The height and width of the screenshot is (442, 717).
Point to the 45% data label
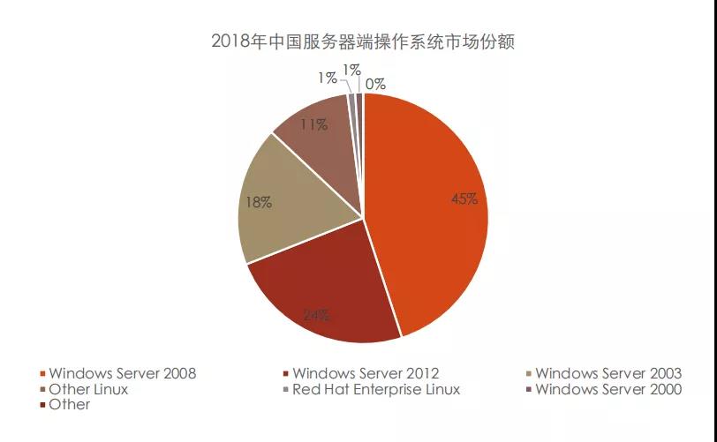click(464, 199)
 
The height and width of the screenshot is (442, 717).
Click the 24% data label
click(316, 314)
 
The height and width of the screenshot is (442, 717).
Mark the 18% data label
click(259, 203)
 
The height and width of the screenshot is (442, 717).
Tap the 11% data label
click(313, 125)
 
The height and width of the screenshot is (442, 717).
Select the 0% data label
click(375, 85)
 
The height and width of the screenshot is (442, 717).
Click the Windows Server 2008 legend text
click(123, 373)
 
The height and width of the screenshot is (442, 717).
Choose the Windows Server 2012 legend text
click(366, 373)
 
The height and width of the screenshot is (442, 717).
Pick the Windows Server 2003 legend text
click(608, 373)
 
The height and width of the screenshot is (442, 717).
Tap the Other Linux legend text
click(88, 389)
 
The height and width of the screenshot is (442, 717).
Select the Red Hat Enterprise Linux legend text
click(376, 389)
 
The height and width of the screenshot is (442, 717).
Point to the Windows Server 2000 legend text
click(608, 389)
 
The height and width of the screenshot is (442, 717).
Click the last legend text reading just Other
click(70, 404)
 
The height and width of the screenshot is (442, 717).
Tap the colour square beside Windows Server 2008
click(42, 374)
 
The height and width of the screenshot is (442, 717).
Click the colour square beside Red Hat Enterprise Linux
click(286, 390)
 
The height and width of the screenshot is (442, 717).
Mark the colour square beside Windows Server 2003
click(528, 374)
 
